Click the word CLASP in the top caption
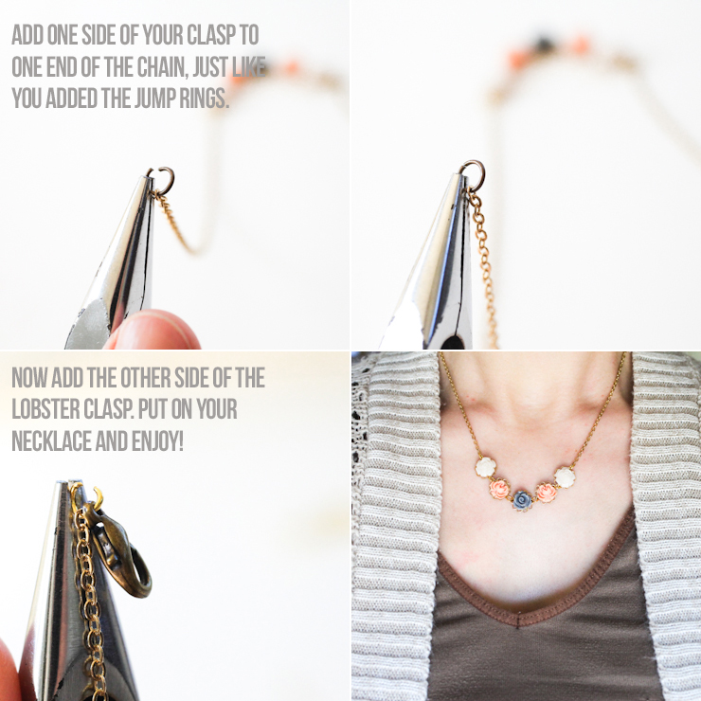[x=211, y=35]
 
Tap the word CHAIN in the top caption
[x=161, y=67]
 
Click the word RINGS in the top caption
[x=205, y=98]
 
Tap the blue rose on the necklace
[x=521, y=499]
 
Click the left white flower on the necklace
[x=485, y=467]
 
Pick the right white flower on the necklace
[x=565, y=477]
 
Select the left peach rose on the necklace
[x=498, y=489]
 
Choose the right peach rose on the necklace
[x=546, y=493]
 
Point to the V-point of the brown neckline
[x=518, y=620]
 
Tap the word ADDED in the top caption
[x=72, y=98]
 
